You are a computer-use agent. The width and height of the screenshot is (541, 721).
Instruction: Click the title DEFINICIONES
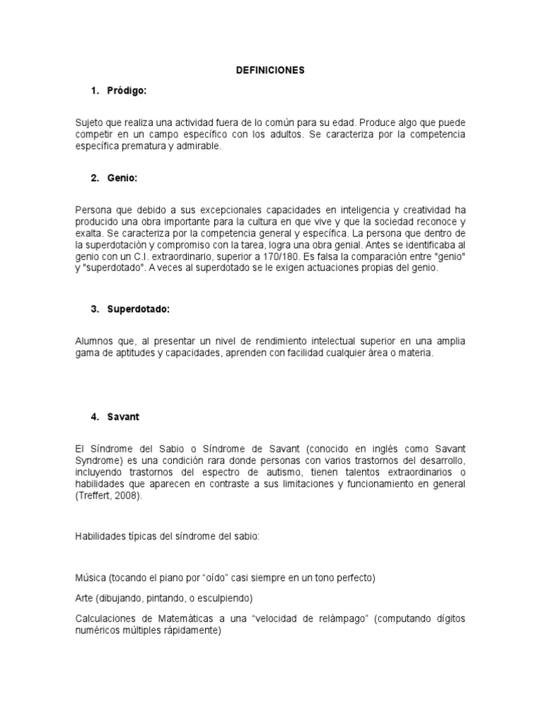[270, 70]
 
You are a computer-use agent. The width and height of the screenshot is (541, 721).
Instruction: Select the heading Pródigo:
[127, 91]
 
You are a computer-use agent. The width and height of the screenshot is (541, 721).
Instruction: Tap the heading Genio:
[122, 178]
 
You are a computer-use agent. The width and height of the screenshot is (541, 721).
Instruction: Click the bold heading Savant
[123, 417]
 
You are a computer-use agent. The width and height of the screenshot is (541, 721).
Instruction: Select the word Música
[90, 578]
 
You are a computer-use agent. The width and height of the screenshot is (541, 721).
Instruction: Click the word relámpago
[340, 618]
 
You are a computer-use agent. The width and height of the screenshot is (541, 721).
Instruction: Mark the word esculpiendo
[221, 598]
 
